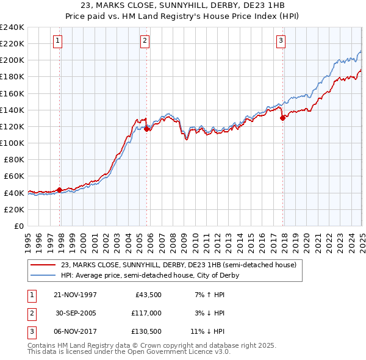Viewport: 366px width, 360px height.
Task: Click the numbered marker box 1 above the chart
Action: tap(58, 41)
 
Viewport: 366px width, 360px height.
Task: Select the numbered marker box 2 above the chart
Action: tap(145, 41)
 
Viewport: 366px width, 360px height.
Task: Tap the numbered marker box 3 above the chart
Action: tap(281, 41)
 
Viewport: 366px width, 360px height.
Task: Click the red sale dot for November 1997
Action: tap(59, 190)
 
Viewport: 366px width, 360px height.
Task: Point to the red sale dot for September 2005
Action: tap(147, 129)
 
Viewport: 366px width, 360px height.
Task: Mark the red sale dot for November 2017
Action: tap(282, 118)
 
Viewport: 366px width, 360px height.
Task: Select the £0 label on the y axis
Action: tap(18, 226)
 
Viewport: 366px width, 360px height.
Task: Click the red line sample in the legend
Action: tap(43, 265)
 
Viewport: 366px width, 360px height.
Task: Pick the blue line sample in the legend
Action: tap(43, 275)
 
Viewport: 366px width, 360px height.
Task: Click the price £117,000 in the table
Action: tap(147, 313)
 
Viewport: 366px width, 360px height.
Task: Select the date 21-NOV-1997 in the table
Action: tap(74, 295)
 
